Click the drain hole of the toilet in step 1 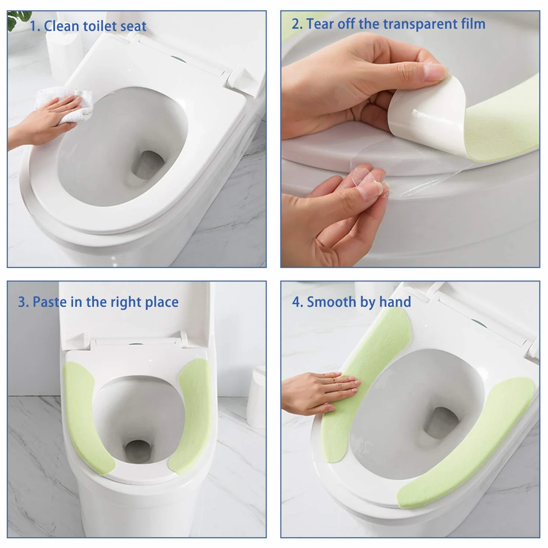tap(148, 165)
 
